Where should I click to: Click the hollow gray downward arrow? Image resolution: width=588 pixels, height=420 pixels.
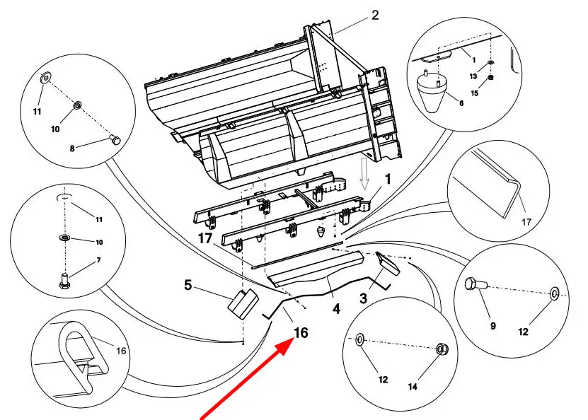click(364, 173)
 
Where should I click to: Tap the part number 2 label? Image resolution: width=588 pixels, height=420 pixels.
click(375, 16)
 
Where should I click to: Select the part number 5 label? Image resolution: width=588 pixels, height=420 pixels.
click(188, 285)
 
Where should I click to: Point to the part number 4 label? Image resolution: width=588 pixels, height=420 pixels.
click(336, 309)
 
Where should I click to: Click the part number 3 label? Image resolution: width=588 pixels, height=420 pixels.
click(363, 298)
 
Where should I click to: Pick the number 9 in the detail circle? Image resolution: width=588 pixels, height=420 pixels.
click(492, 326)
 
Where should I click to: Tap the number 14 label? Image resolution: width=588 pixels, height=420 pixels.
click(413, 386)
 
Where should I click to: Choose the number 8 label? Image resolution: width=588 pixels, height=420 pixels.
click(72, 148)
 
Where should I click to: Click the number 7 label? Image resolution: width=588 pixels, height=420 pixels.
click(98, 260)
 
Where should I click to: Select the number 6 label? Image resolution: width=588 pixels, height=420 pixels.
click(461, 103)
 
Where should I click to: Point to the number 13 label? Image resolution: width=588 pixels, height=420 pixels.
click(473, 76)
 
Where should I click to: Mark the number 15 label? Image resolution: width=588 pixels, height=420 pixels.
click(475, 93)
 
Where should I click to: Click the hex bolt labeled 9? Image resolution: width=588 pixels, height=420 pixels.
click(475, 285)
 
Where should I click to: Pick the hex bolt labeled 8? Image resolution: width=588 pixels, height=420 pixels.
click(115, 141)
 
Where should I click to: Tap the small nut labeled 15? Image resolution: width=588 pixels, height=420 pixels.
click(491, 78)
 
